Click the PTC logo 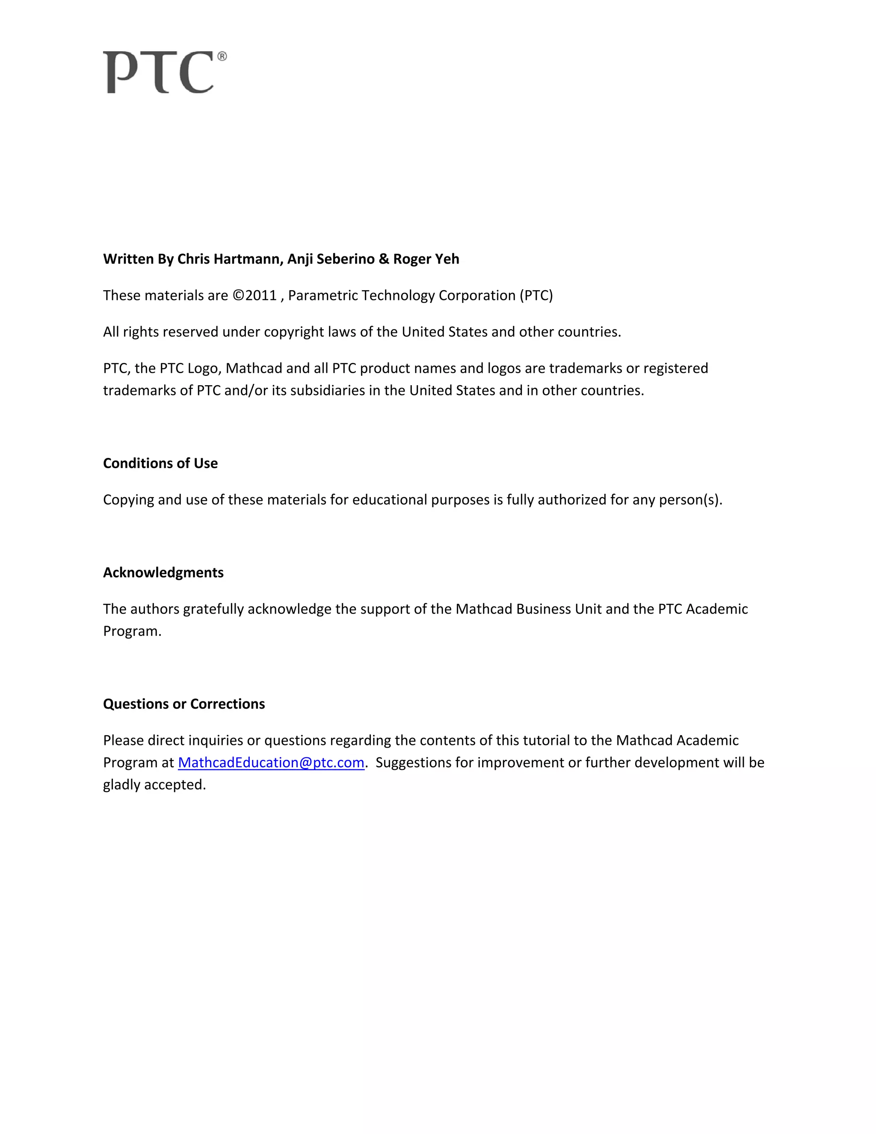(x=159, y=72)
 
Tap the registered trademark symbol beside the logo (x=222, y=56)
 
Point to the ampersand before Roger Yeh (x=384, y=259)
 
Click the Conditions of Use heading (x=160, y=463)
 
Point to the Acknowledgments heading (x=163, y=572)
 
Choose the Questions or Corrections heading (x=183, y=704)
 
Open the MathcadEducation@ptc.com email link (x=271, y=762)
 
